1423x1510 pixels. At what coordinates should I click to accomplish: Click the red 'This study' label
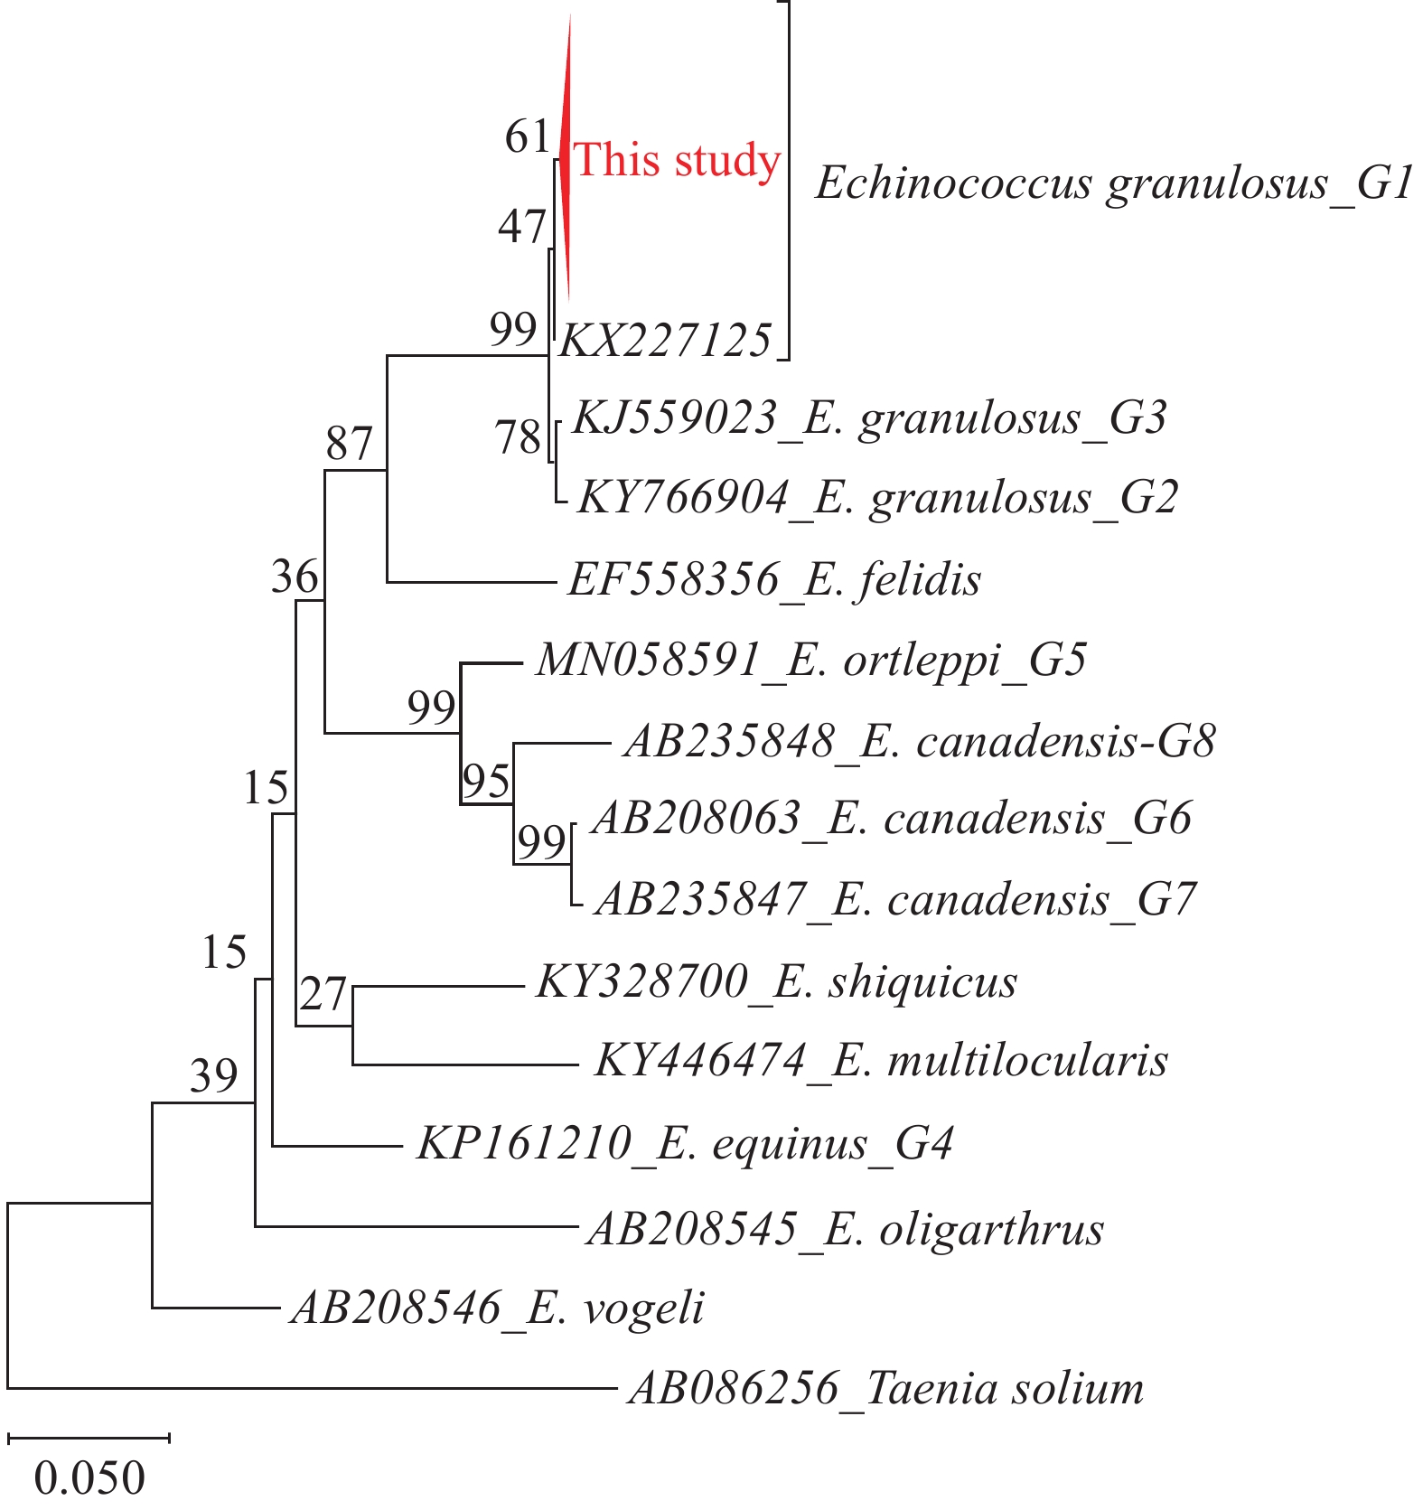(677, 161)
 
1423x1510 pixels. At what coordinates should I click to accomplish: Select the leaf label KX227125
(666, 341)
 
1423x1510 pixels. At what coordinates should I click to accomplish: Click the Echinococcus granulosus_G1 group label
(1114, 183)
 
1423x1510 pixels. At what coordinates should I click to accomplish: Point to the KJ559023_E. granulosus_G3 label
(869, 418)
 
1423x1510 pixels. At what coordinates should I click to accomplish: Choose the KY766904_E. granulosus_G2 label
(877, 498)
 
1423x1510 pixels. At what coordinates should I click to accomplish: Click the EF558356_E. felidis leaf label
(774, 579)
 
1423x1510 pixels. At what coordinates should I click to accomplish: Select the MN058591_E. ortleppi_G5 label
(810, 661)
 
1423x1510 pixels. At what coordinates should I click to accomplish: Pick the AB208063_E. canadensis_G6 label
(892, 819)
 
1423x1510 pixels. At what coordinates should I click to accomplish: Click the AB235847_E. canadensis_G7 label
(895, 900)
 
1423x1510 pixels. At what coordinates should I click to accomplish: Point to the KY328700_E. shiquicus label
(776, 982)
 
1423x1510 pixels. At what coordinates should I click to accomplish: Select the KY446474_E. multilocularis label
(881, 1061)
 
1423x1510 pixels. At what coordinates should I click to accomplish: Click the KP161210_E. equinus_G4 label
(685, 1144)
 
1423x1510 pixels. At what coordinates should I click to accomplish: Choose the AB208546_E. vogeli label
(497, 1308)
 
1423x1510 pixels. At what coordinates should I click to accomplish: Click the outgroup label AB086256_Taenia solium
(885, 1389)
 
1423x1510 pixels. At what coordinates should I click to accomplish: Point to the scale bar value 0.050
(89, 1477)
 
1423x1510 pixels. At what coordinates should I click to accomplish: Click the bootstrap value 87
(349, 444)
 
